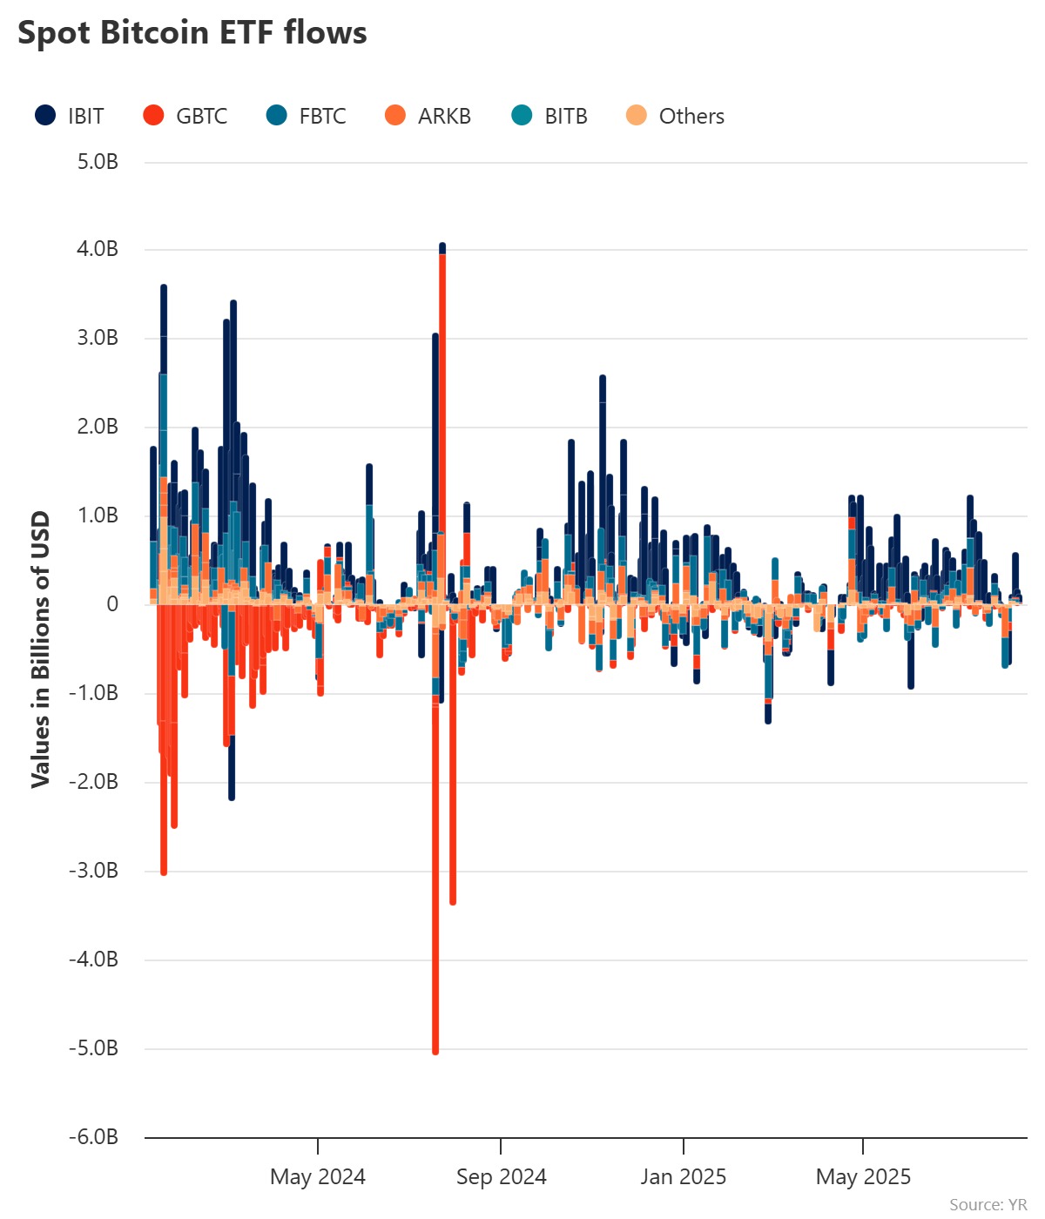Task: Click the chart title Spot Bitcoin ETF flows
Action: pos(192,33)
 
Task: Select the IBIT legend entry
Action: pos(70,116)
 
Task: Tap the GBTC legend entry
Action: pos(185,116)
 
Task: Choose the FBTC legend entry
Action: pos(307,116)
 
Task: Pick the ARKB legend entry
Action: pos(428,116)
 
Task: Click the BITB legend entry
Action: pos(549,116)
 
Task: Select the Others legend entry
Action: pos(676,116)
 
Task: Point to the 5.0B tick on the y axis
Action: pos(98,162)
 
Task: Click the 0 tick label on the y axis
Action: pos(111,604)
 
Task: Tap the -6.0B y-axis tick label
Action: pos(94,1136)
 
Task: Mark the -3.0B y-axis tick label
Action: pos(94,871)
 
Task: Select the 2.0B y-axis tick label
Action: pos(98,427)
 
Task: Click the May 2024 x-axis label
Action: pos(318,1177)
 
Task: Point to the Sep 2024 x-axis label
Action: pos(501,1177)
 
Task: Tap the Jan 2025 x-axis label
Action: pos(684,1177)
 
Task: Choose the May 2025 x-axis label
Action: pos(863,1177)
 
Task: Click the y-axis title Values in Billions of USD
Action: pos(40,650)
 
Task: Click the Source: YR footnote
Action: pos(988,1204)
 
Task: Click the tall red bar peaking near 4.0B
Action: pos(442,392)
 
